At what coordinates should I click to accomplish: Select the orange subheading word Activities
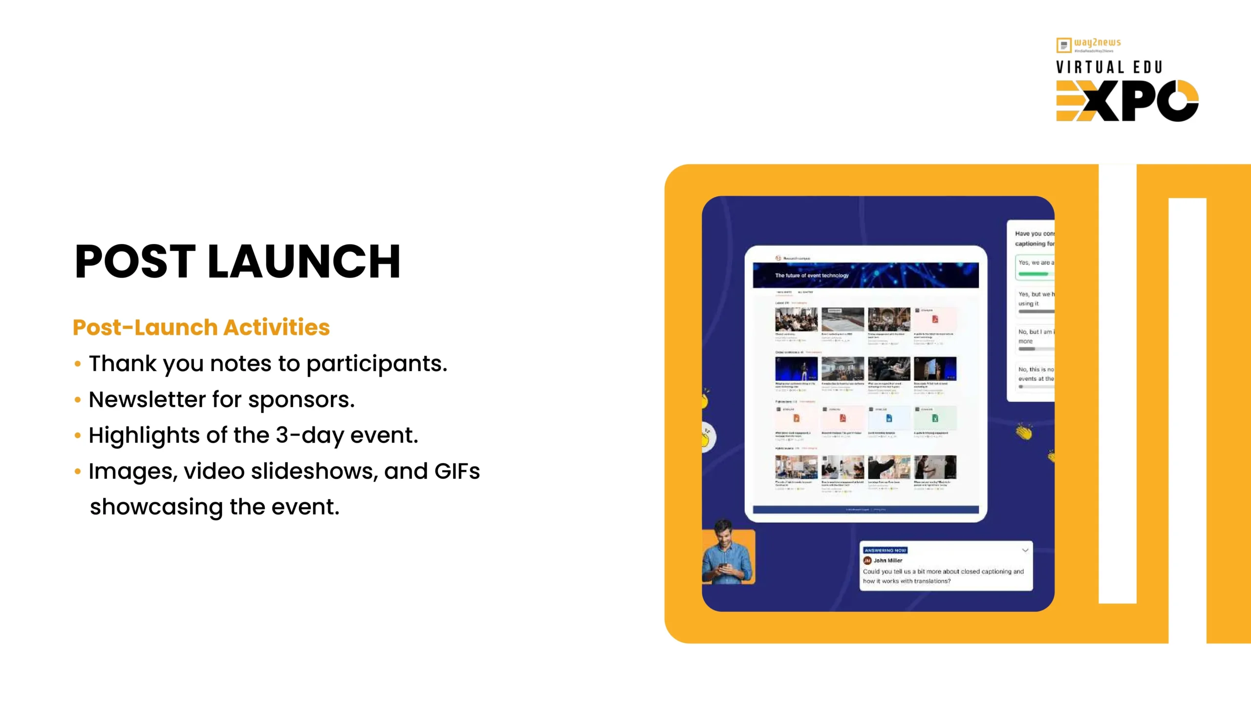pyautogui.click(x=277, y=328)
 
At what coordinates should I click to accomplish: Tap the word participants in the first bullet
pyautogui.click(x=376, y=364)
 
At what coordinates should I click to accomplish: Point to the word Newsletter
pyautogui.click(x=147, y=399)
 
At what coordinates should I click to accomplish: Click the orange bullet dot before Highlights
pyautogui.click(x=77, y=435)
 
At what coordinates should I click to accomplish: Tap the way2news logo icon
pyautogui.click(x=1063, y=45)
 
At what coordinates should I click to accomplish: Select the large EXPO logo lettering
pyautogui.click(x=1127, y=101)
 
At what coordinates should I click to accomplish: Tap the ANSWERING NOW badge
pyautogui.click(x=885, y=550)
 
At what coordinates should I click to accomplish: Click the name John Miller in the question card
pyautogui.click(x=888, y=560)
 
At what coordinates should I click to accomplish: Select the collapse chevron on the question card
pyautogui.click(x=1025, y=550)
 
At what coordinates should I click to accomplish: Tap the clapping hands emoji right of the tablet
pyautogui.click(x=1023, y=432)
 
